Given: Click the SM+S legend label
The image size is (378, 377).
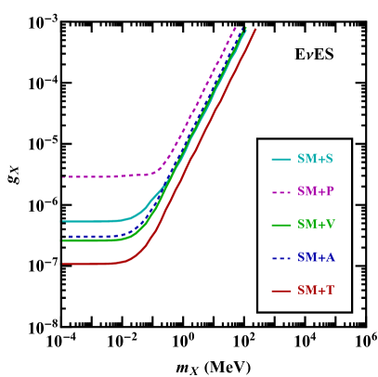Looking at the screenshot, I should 315,159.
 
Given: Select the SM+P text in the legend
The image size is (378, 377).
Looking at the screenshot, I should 315,191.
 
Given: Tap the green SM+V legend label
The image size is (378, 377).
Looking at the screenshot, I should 316,225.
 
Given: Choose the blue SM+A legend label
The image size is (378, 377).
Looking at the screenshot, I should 316,257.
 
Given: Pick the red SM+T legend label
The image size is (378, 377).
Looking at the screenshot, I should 315,291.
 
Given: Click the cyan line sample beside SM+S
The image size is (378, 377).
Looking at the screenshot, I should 281,159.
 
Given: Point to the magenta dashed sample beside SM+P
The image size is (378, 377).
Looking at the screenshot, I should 281,192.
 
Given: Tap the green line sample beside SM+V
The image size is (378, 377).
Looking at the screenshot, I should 281,225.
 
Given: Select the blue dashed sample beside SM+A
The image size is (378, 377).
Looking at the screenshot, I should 281,257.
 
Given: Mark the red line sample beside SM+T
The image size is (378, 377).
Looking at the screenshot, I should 281,291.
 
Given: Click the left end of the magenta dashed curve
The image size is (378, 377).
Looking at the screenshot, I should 63,176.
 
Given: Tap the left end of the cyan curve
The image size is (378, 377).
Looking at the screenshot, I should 63,221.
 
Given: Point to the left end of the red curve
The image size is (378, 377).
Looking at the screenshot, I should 63,264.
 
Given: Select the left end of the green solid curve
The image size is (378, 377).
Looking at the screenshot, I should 63,240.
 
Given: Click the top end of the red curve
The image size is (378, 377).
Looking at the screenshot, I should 255,30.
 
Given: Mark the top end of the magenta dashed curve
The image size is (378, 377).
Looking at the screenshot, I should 237,28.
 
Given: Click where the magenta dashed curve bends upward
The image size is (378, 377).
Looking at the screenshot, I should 160,170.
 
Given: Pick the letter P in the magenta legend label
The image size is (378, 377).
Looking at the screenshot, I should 329,191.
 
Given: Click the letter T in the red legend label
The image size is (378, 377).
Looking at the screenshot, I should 329,291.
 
